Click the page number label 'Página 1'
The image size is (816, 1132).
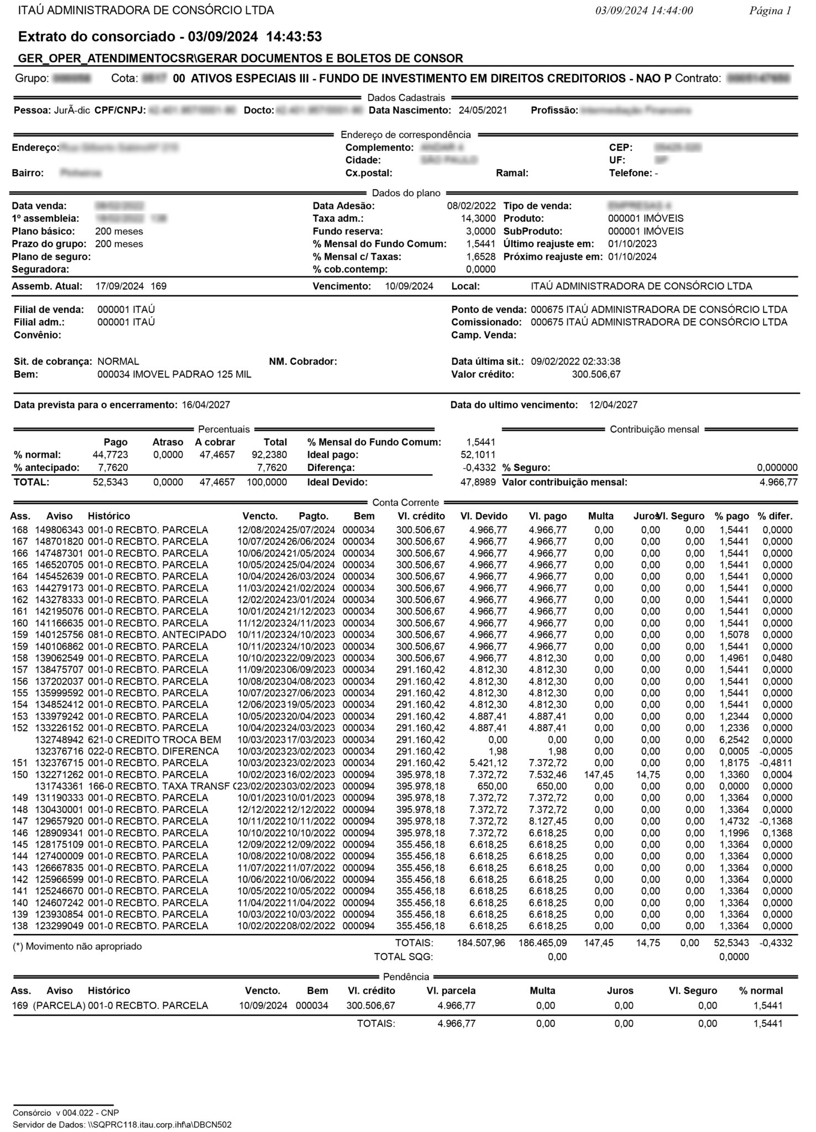[770, 11]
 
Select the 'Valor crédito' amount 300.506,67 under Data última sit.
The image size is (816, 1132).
[596, 374]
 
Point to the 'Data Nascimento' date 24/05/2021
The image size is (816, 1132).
[483, 110]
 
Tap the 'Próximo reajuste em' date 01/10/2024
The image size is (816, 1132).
[632, 256]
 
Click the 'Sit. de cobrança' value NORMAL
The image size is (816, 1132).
[118, 361]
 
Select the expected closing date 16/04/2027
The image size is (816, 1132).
[206, 405]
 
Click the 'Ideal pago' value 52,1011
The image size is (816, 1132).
[478, 455]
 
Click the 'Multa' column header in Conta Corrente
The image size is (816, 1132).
[600, 516]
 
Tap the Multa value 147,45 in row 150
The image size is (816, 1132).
[599, 774]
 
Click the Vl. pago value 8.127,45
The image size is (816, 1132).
[547, 821]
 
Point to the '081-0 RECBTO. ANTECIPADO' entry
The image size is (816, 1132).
[157, 635]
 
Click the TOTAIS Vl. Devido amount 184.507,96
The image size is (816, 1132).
[480, 943]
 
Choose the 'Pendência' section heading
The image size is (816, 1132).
[406, 977]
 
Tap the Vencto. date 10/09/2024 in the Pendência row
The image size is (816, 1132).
[263, 1005]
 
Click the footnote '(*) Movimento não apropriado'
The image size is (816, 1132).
[77, 946]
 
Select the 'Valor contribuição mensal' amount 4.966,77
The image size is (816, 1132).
[778, 482]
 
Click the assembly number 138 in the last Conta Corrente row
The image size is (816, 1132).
[20, 926]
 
